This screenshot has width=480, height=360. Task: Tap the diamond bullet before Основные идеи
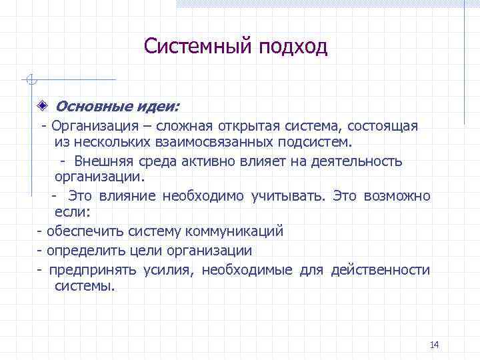[42, 106]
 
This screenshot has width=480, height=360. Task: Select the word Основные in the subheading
[82, 106]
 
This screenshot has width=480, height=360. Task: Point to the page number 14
[435, 345]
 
